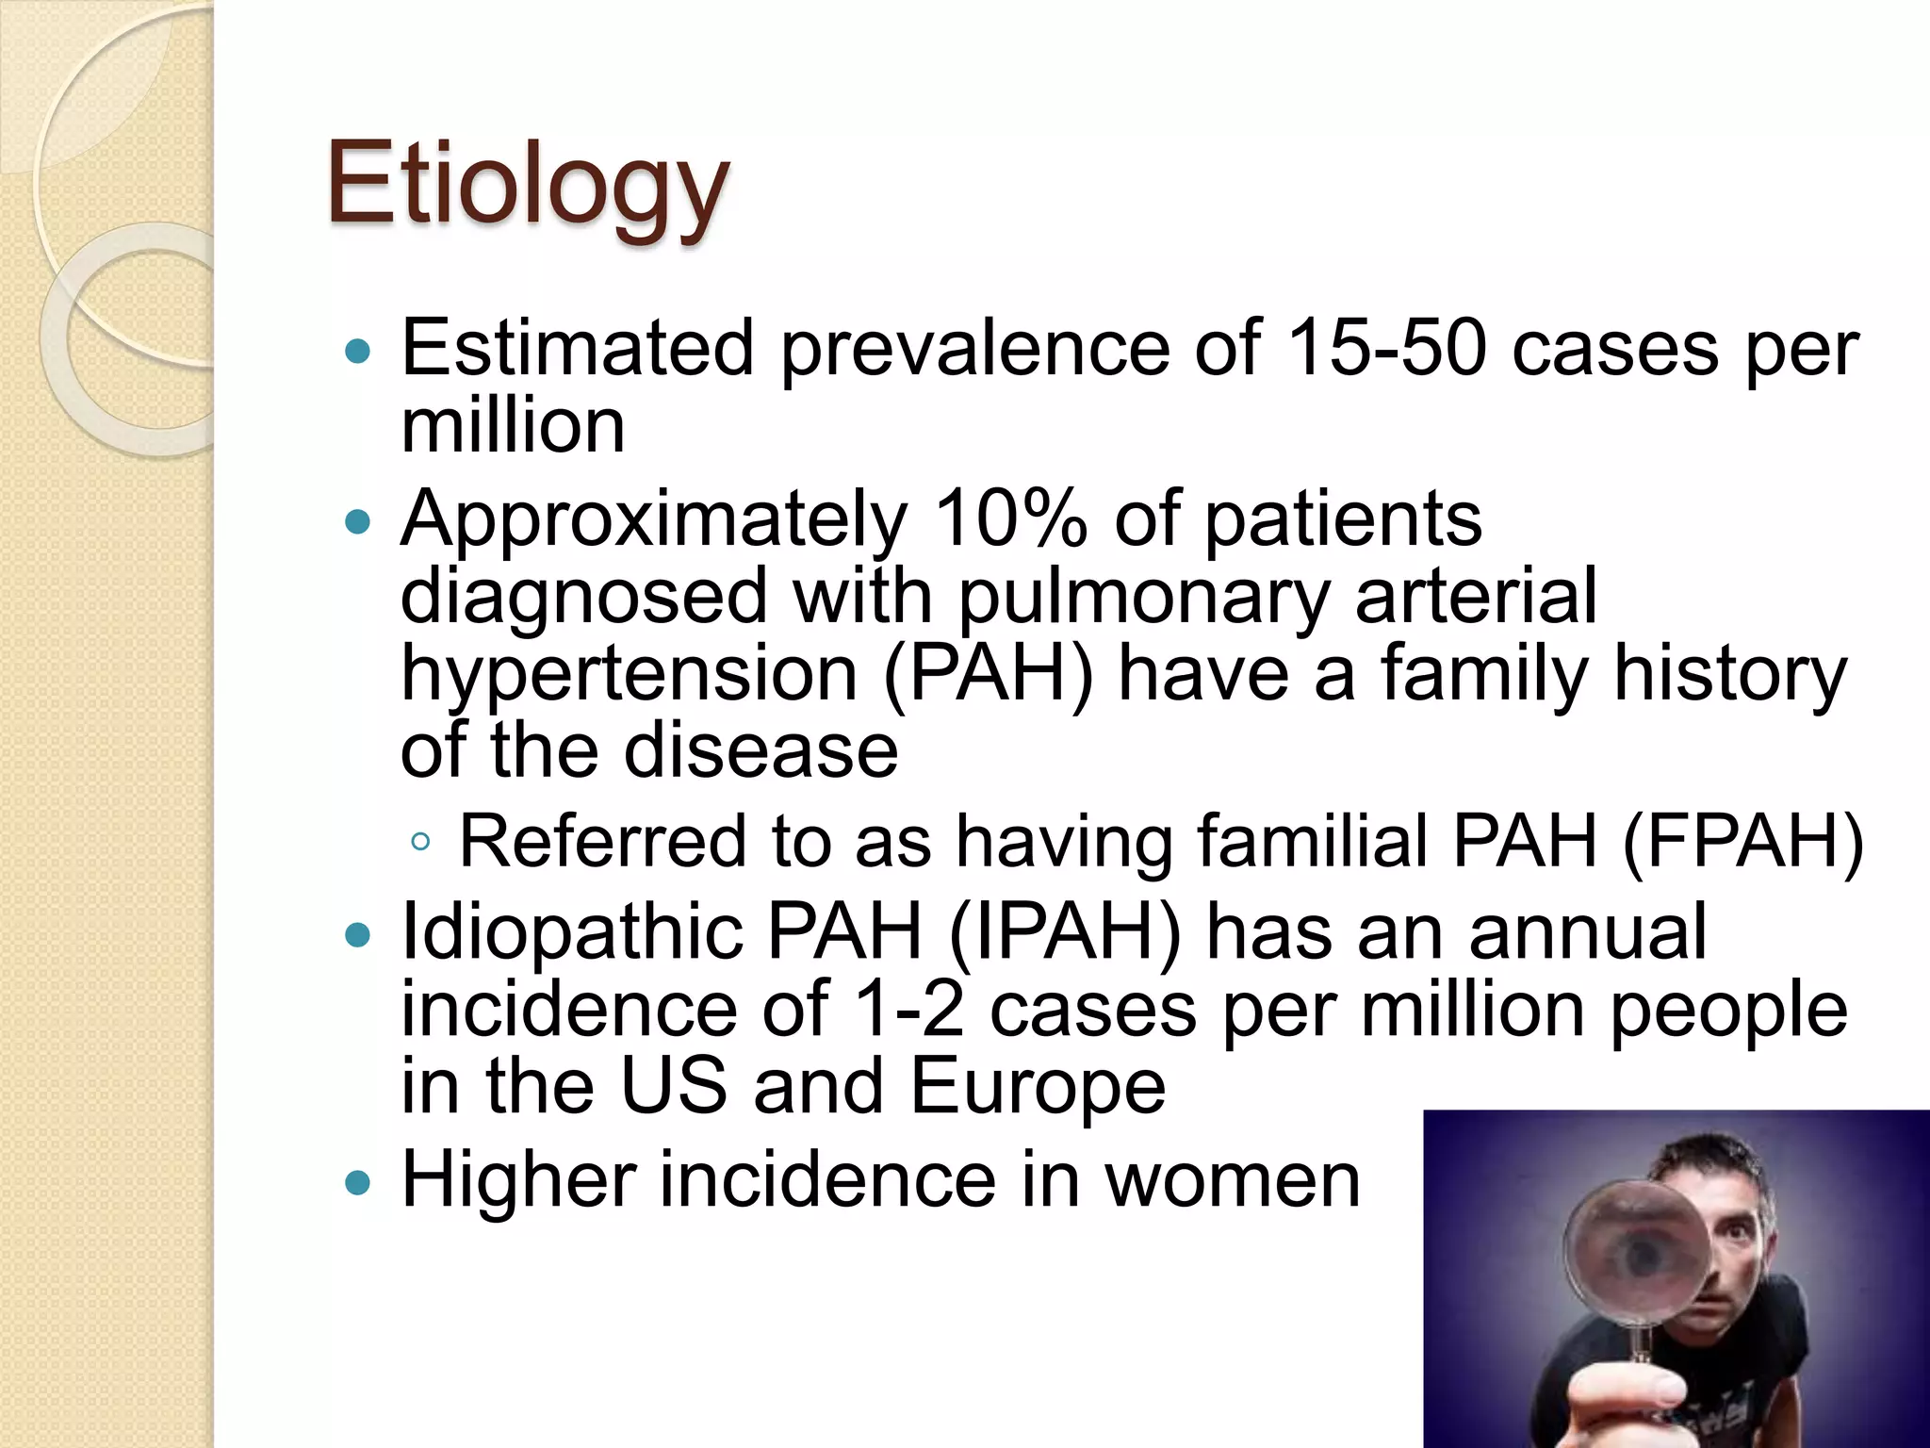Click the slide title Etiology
pyautogui.click(x=527, y=184)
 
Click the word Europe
pyautogui.click(x=1038, y=1087)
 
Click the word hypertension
pyautogui.click(x=629, y=675)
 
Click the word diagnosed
pyautogui.click(x=584, y=598)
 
